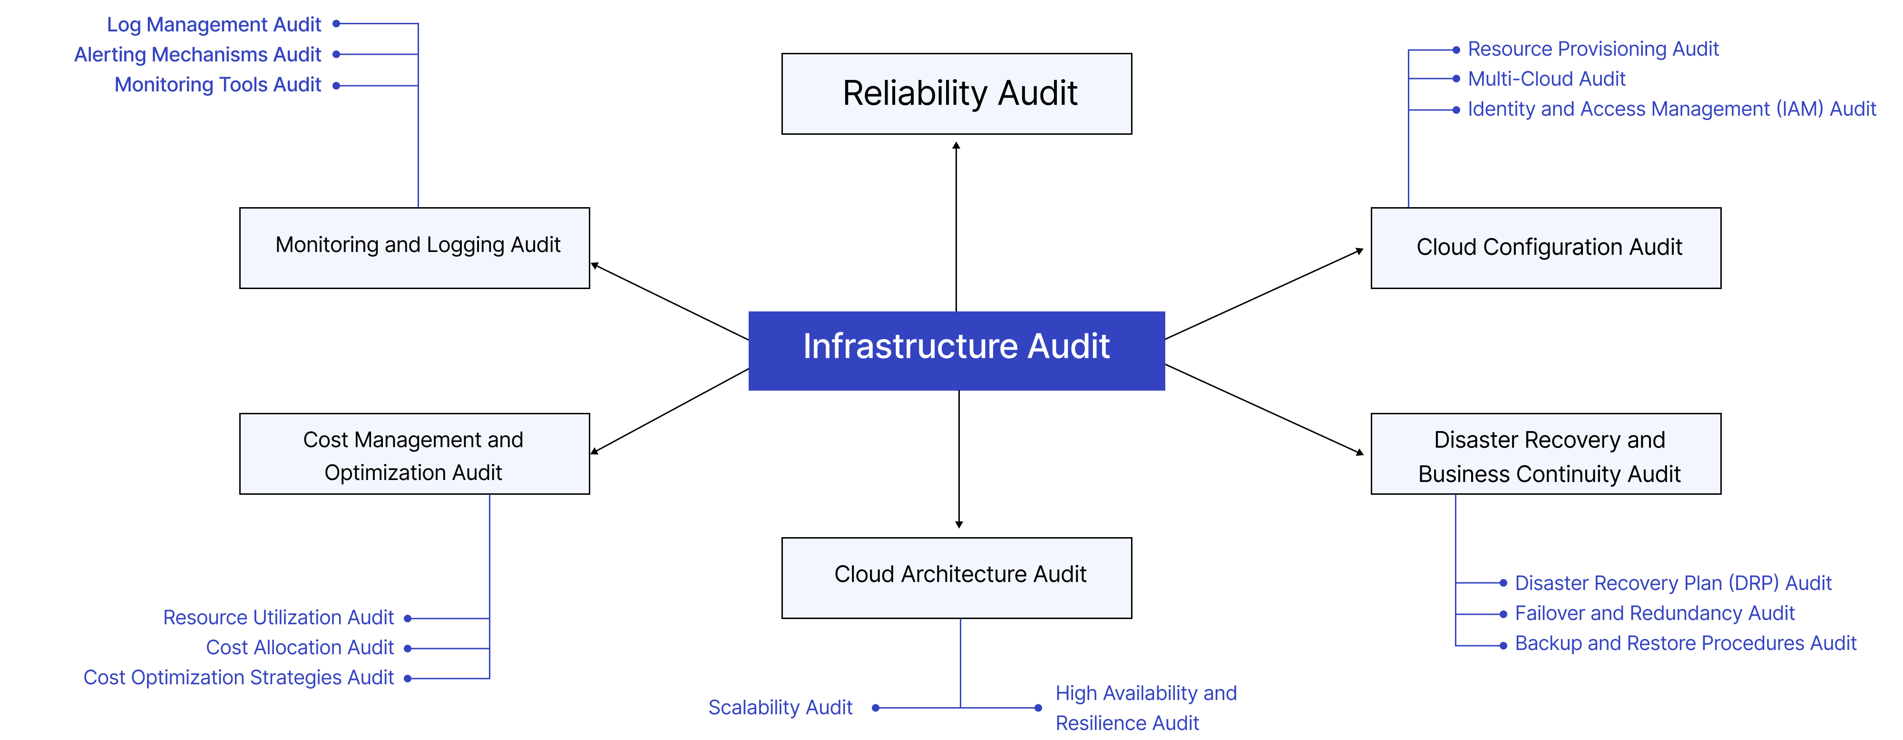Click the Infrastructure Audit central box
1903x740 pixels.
click(956, 350)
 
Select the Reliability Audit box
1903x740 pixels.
click(956, 94)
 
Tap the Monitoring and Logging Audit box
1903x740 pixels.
click(414, 248)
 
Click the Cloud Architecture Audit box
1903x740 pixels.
click(956, 577)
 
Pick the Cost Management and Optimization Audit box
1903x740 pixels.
click(414, 453)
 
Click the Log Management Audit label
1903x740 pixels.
click(214, 24)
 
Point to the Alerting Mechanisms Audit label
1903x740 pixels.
click(197, 55)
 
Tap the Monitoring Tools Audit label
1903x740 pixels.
click(217, 85)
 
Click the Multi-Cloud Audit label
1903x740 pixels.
click(1546, 79)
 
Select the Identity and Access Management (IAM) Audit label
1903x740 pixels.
click(1671, 110)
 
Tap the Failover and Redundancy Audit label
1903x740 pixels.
click(1654, 614)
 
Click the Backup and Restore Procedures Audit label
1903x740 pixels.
click(1685, 644)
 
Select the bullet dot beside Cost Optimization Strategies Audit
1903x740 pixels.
click(407, 679)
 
